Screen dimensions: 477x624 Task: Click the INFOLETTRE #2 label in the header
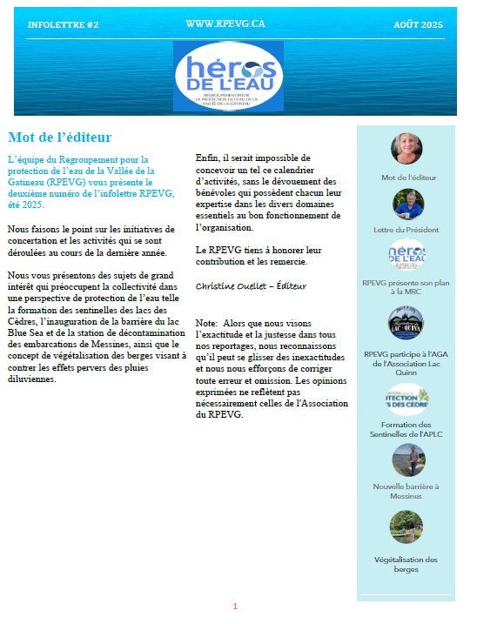[x=63, y=25]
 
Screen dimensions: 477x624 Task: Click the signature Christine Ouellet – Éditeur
[x=252, y=285]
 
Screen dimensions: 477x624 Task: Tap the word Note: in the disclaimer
[x=207, y=323]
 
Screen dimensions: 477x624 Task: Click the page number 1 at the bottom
[x=234, y=606]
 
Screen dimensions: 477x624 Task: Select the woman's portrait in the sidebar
[x=406, y=149]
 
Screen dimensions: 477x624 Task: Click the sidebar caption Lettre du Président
[x=406, y=230]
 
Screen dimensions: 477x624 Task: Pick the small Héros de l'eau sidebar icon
[x=406, y=255]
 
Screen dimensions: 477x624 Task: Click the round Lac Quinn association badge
[x=406, y=324]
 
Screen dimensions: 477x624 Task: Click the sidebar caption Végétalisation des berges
[x=406, y=565]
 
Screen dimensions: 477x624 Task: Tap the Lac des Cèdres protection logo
[x=406, y=397]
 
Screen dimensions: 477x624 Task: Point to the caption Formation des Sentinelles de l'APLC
[x=406, y=427]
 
